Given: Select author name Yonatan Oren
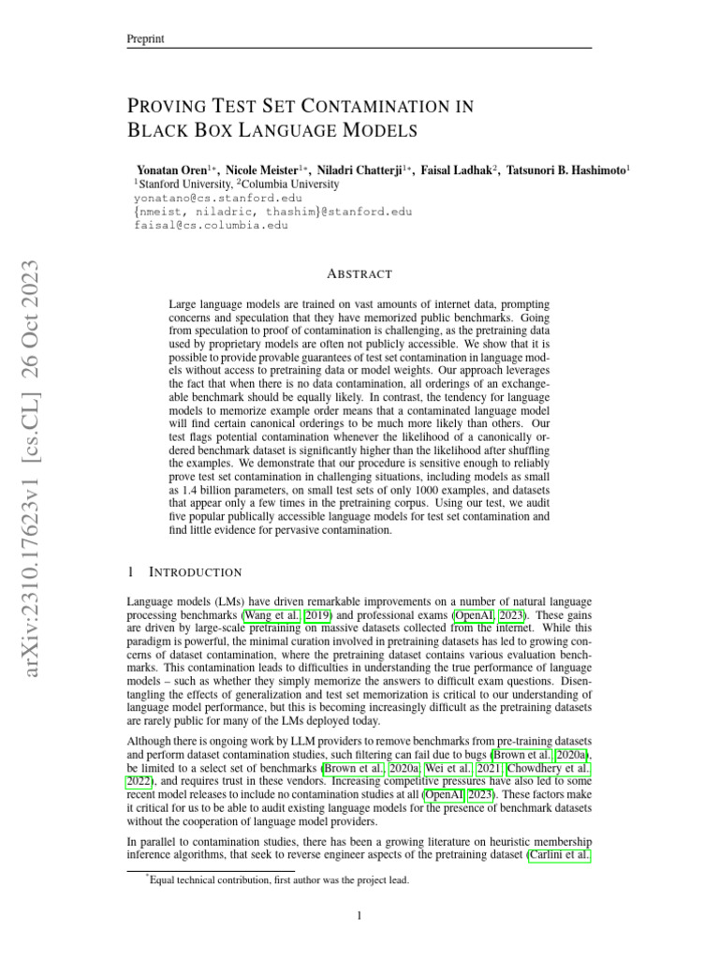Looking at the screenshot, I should [x=173, y=171].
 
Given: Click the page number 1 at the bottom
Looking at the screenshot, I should [x=359, y=916].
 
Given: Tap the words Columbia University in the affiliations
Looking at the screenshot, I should [x=280, y=185].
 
